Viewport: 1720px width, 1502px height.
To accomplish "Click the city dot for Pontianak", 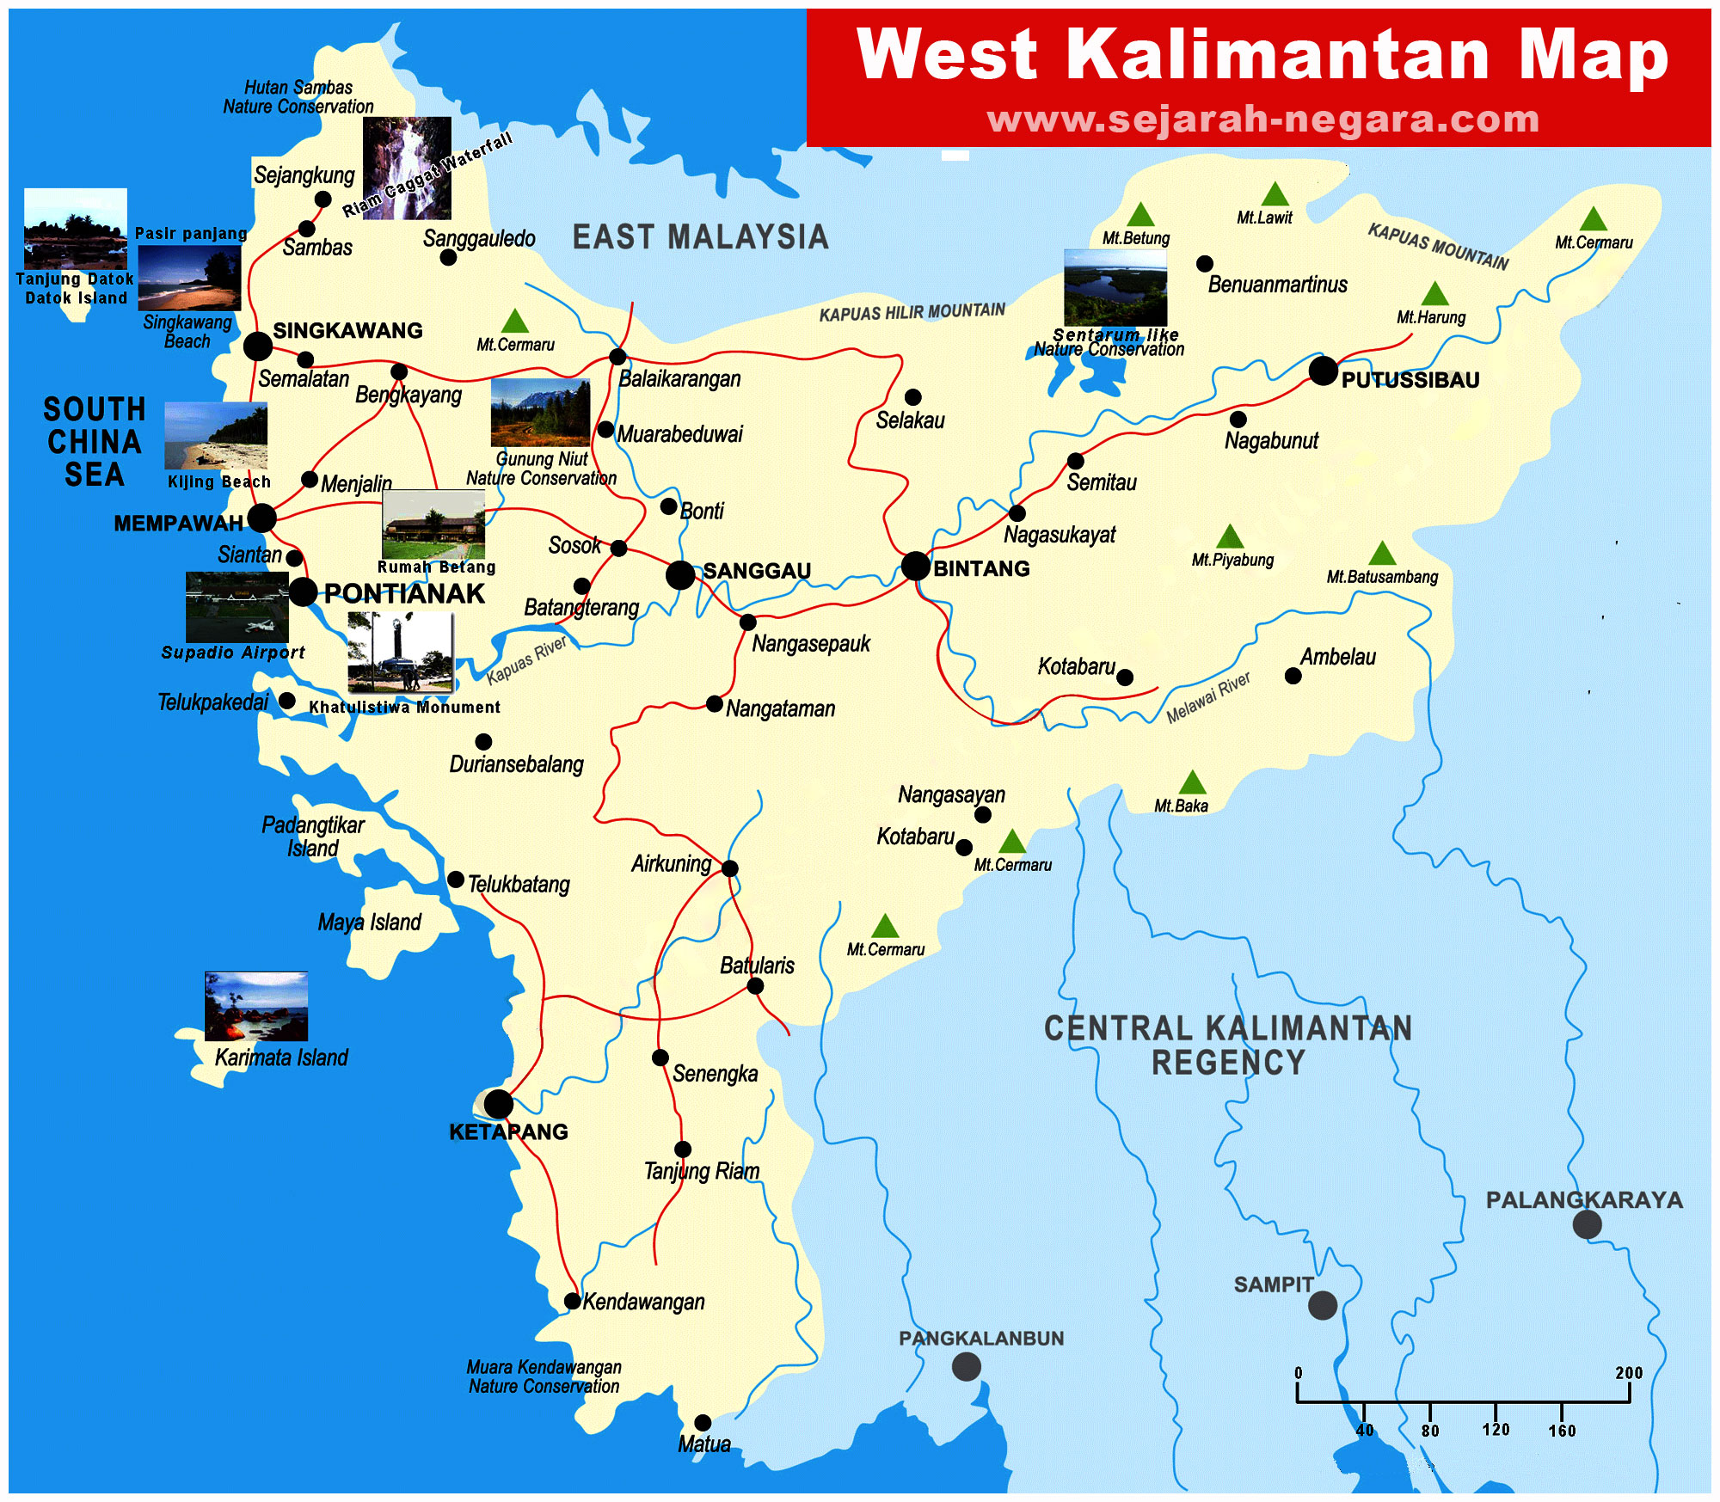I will (303, 592).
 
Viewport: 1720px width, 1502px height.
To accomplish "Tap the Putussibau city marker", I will (1324, 371).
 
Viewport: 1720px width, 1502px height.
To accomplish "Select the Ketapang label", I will (508, 1131).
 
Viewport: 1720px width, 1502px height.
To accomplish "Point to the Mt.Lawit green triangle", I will (1275, 195).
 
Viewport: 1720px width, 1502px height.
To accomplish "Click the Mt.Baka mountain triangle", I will (1192, 783).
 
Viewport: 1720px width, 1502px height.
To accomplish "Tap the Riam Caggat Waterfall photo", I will (407, 168).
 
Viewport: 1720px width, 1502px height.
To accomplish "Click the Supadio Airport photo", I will (236, 606).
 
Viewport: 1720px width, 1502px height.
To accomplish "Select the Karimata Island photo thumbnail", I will (255, 1006).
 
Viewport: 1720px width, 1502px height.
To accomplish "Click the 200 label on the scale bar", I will (1628, 1373).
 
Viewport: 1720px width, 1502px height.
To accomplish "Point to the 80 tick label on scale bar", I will (1429, 1431).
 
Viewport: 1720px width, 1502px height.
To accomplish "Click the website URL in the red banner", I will (1262, 119).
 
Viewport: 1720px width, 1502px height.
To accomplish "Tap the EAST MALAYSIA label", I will (700, 237).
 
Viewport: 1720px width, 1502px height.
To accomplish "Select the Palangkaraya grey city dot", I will (1587, 1224).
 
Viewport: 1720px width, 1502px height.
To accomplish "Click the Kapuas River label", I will (526, 660).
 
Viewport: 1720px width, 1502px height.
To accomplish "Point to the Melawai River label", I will (1207, 697).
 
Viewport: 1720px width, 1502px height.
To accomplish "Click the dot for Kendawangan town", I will (572, 1301).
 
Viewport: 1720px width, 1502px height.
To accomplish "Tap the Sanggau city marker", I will (679, 574).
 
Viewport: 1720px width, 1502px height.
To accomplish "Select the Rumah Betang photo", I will (433, 525).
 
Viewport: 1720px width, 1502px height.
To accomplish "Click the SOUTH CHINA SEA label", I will (95, 441).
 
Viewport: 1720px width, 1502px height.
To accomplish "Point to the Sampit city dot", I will (1322, 1305).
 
